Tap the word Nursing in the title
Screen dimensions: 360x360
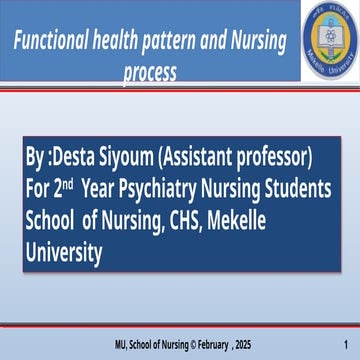click(256, 42)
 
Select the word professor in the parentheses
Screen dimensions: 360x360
click(274, 157)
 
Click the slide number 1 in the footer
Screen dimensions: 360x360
click(344, 345)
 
